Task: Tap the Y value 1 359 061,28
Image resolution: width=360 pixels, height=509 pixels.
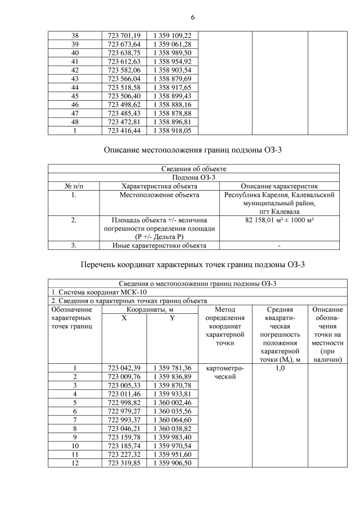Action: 172,44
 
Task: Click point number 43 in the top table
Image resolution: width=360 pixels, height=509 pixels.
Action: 74,79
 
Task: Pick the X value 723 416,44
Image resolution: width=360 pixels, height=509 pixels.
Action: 124,130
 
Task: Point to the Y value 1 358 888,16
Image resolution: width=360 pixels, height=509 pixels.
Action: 172,105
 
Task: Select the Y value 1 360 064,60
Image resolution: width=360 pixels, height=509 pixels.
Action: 172,420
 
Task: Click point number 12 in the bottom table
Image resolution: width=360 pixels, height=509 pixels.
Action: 74,463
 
